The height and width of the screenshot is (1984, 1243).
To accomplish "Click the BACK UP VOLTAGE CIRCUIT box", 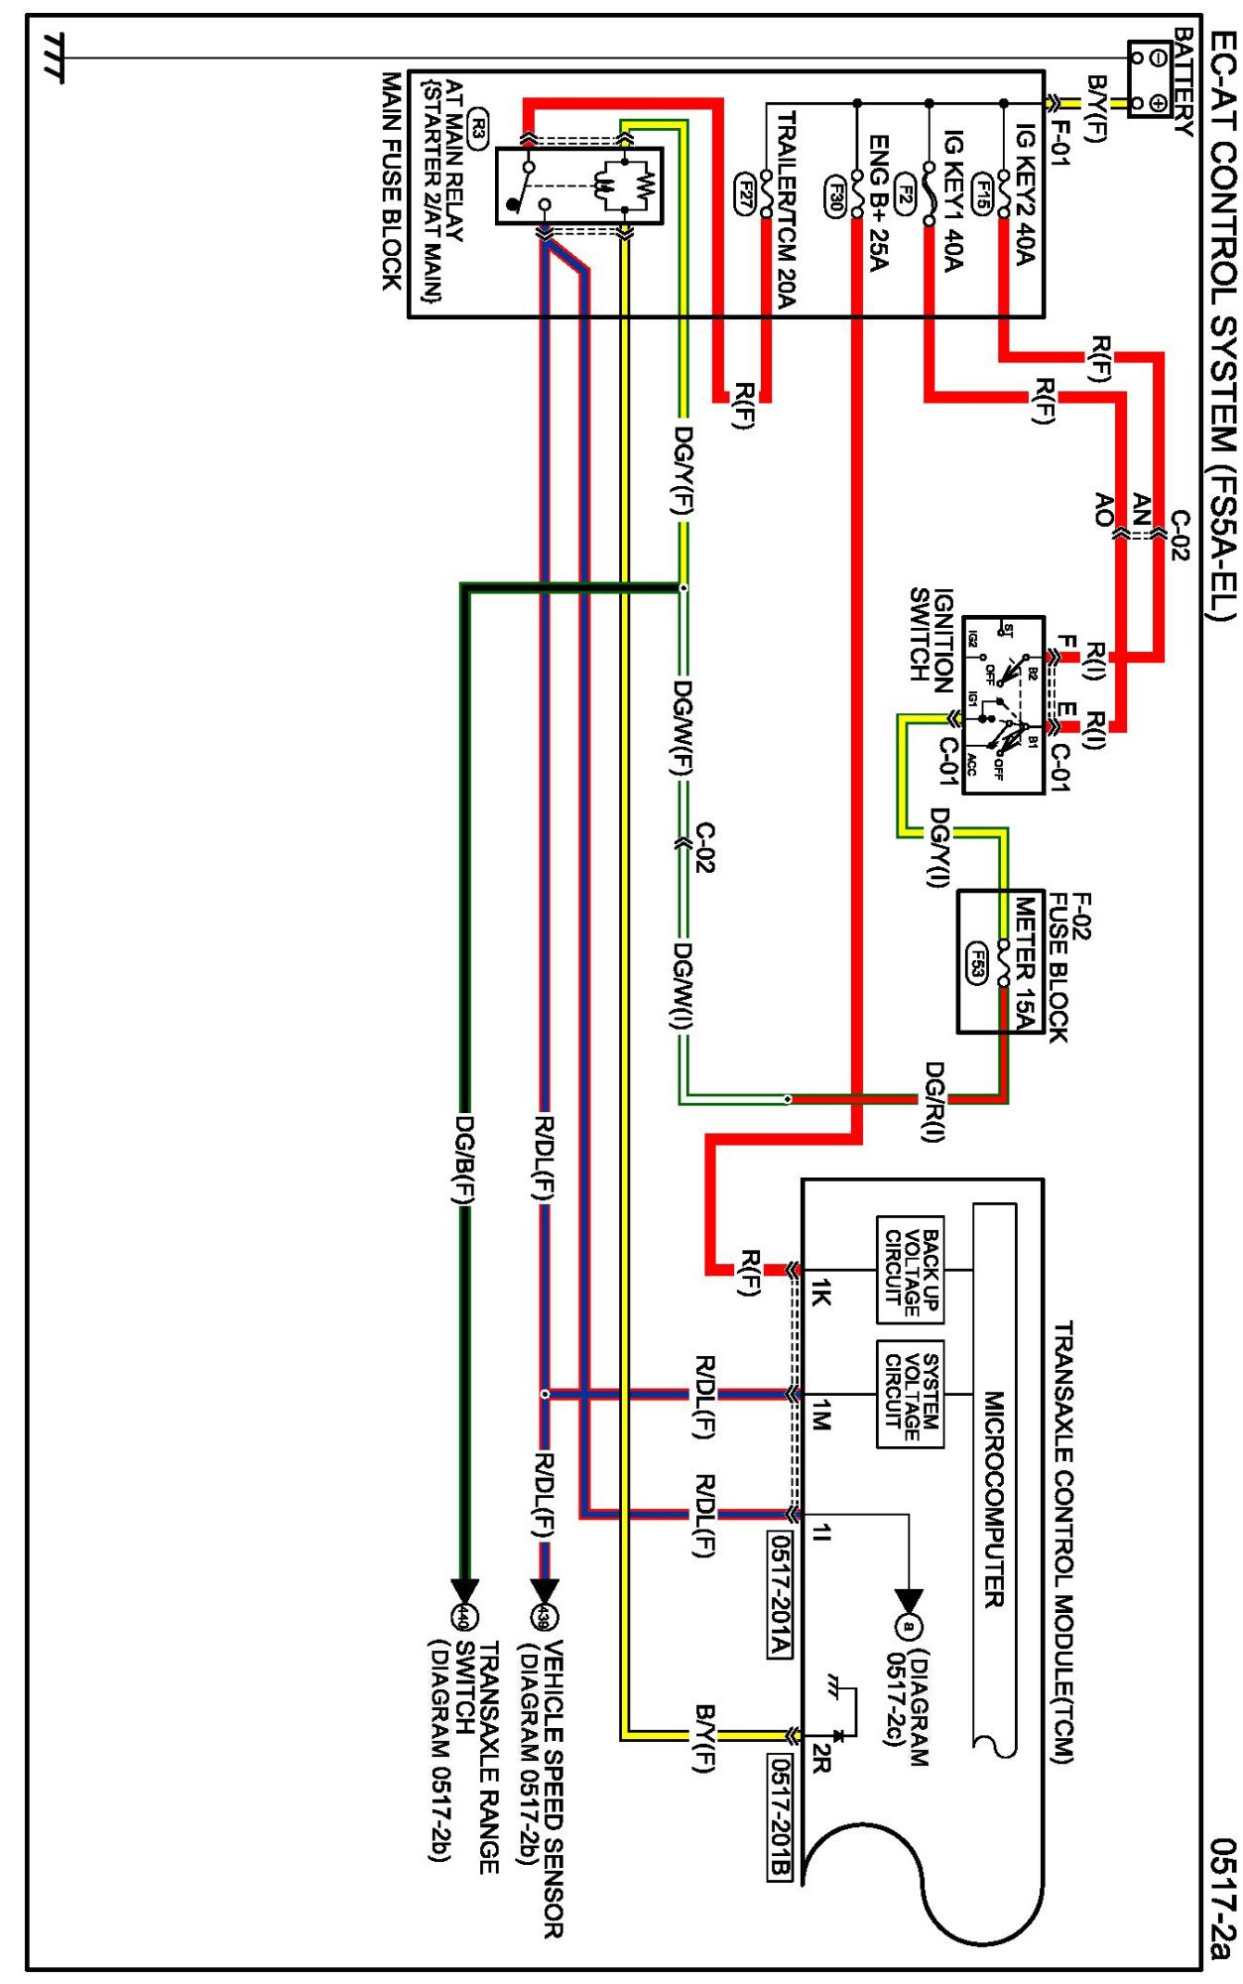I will point(910,1269).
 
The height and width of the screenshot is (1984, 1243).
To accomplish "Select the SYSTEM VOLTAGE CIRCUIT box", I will point(910,1394).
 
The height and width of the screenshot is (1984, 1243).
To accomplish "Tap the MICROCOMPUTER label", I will point(994,1498).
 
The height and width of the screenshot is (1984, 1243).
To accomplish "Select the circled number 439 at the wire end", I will point(544,1618).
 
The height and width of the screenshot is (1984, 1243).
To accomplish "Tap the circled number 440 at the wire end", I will point(463,1618).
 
